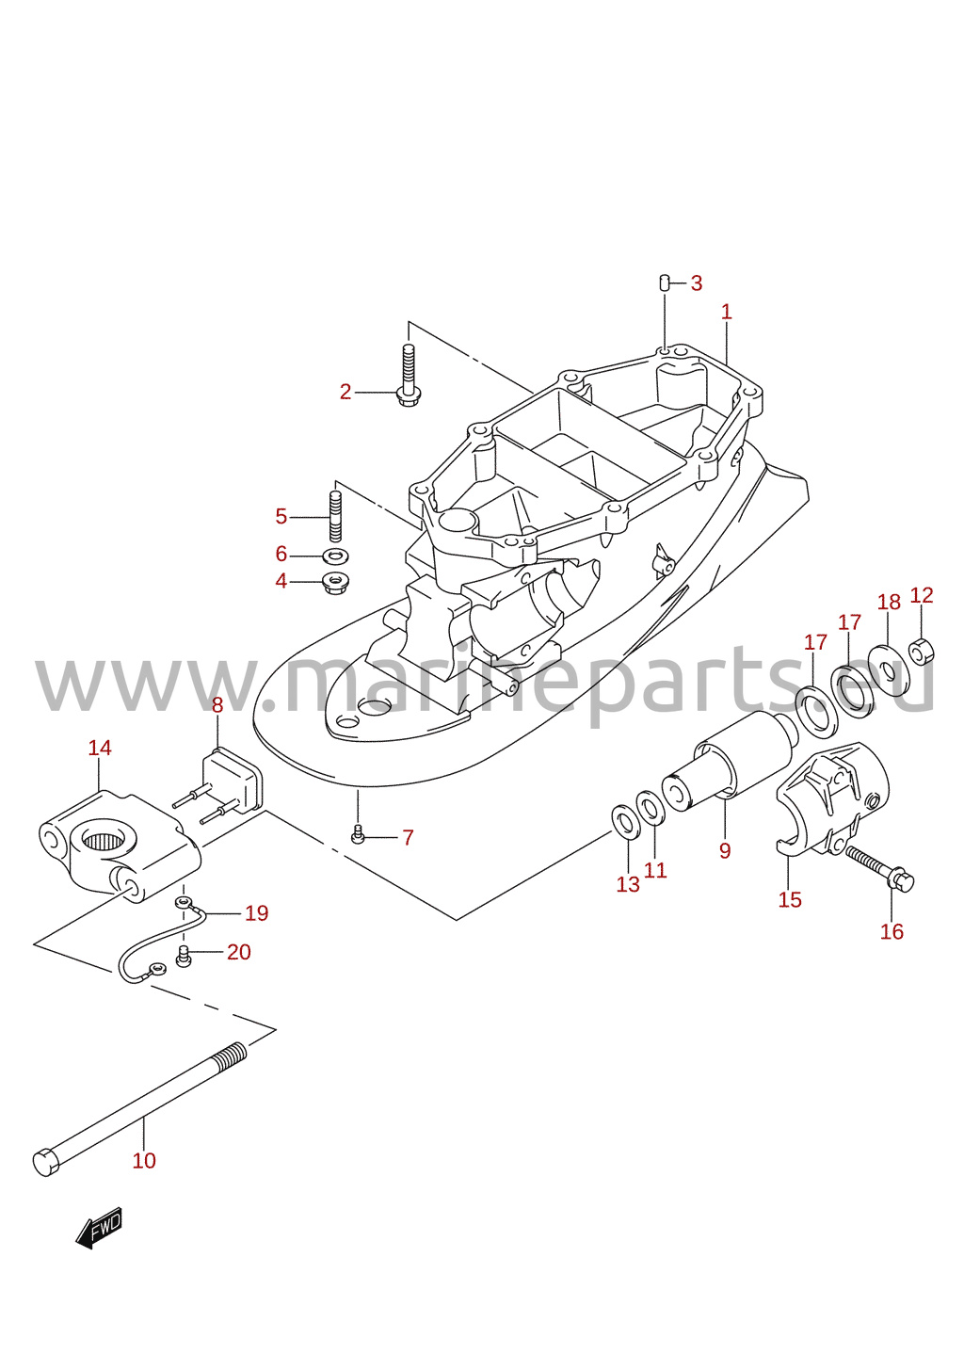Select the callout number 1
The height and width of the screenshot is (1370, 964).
726,312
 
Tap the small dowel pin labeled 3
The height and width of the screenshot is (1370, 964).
663,283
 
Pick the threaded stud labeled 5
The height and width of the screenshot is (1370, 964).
336,516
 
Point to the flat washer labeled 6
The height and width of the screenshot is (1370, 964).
336,556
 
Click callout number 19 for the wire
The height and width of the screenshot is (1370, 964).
257,912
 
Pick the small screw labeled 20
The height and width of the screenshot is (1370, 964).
183,956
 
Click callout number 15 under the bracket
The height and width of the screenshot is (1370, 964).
790,899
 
